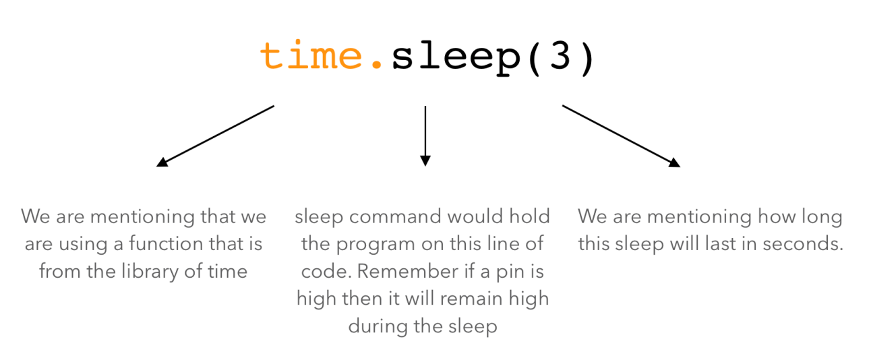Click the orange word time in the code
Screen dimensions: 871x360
coord(311,55)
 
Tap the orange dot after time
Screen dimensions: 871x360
coord(376,64)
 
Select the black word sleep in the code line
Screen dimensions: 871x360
coord(456,59)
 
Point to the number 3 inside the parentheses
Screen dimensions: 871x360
coord(560,55)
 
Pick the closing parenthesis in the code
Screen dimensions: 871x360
coord(587,59)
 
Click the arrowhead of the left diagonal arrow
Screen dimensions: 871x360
coord(162,162)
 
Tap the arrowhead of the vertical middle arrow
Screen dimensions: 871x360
coord(425,160)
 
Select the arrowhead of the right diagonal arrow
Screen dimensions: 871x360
coord(675,162)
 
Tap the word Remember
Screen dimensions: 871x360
coord(407,272)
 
